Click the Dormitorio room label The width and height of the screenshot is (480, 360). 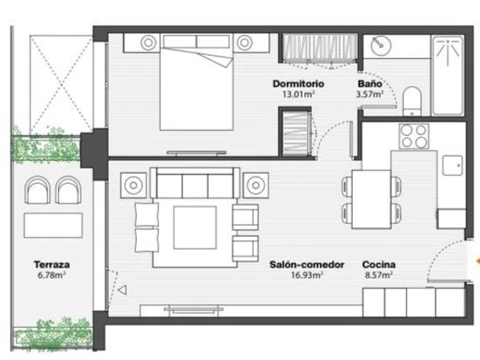coord(298,83)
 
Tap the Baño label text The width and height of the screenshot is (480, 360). coord(370,83)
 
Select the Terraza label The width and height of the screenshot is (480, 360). coord(52,265)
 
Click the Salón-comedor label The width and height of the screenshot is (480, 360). coord(306,265)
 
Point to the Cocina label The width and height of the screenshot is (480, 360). coord(378,265)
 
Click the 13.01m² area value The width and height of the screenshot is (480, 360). coord(298,94)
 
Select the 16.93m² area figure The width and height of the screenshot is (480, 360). coord(306,275)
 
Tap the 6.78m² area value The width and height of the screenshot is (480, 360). coord(52,275)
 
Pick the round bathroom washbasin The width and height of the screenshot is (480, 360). coord(381,46)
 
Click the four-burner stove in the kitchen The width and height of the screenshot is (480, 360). coord(414,137)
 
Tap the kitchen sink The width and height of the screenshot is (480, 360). coord(452,166)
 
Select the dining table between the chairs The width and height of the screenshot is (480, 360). coord(371,199)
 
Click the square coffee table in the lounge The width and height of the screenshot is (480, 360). coord(195,227)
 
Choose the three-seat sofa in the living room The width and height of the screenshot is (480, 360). coord(195,183)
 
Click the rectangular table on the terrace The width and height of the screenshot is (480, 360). coord(54,226)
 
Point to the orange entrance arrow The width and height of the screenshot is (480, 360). coord(478,261)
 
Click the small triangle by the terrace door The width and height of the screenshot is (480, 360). coord(122,290)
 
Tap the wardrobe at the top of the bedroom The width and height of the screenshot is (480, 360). coord(319,48)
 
